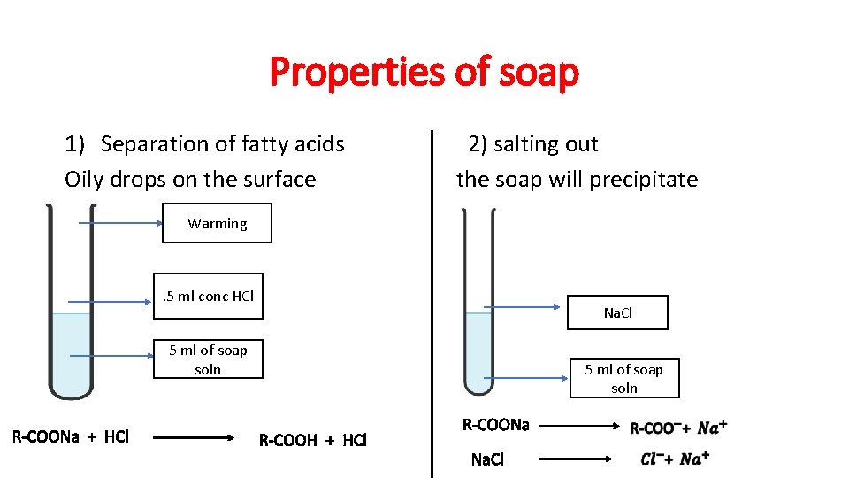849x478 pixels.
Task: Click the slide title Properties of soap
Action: (424, 73)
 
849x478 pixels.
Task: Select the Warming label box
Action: (217, 224)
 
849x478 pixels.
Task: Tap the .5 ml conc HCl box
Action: (209, 296)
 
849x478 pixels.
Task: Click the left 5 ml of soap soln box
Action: (208, 359)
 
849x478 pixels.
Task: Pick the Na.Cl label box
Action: (617, 312)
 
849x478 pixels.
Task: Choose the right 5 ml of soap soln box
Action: (623, 379)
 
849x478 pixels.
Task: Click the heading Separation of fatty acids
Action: (222, 144)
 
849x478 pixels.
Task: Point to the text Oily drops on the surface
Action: (190, 180)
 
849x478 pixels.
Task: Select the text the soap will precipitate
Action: (577, 180)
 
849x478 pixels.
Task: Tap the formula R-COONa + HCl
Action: (71, 436)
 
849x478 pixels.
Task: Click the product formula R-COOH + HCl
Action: (312, 440)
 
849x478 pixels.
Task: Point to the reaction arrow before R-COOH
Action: (194, 437)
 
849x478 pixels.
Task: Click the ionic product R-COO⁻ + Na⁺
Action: (678, 428)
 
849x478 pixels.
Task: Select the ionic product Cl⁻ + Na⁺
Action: (675, 459)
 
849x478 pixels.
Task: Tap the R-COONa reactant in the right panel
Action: (496, 426)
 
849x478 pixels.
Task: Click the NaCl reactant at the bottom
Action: (487, 459)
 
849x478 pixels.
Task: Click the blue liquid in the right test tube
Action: (478, 350)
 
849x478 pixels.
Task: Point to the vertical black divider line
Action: (432, 301)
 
